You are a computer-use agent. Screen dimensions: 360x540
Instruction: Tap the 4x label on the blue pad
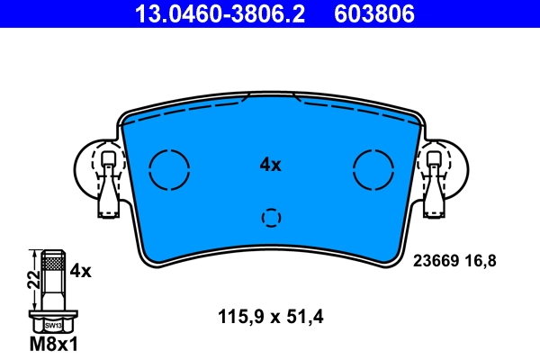click(270, 165)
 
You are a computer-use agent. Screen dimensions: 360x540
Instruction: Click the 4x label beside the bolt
click(81, 270)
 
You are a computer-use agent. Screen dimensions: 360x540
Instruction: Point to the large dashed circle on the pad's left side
click(169, 168)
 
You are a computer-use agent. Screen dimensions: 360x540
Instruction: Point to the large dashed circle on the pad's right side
click(374, 168)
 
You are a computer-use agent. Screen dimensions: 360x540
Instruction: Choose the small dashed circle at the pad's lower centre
click(271, 217)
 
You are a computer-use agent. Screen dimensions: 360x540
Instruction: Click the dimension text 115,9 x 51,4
click(270, 316)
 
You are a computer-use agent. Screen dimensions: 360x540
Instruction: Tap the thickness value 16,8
click(480, 261)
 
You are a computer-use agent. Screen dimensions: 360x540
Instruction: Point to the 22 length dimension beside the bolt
click(31, 279)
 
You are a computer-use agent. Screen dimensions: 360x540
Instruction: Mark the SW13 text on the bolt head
click(53, 325)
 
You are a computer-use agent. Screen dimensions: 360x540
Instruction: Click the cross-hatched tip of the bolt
click(53, 264)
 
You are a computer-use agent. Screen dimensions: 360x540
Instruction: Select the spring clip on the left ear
click(108, 184)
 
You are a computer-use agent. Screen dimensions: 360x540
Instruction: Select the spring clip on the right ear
click(435, 184)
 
